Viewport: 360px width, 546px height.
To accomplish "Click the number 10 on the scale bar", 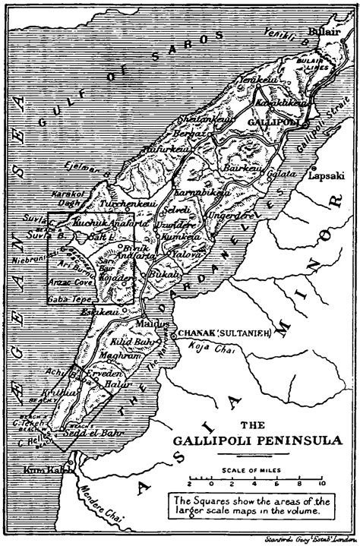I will pyautogui.click(x=322, y=482).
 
